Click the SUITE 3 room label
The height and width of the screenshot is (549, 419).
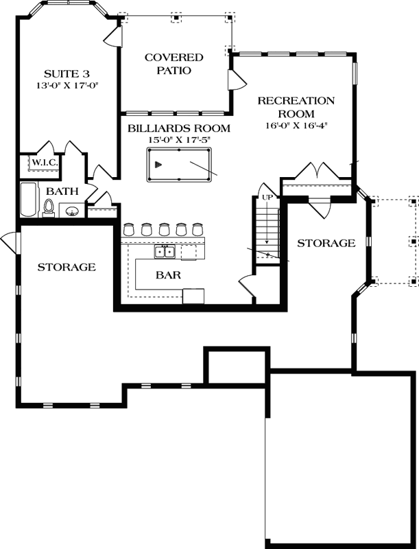click(x=67, y=73)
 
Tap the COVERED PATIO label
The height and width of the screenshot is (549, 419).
click(x=173, y=64)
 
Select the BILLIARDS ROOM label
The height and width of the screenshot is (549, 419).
click(x=178, y=128)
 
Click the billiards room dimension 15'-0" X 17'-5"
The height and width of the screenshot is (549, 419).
click(x=178, y=140)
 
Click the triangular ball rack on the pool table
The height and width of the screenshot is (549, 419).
click(x=159, y=164)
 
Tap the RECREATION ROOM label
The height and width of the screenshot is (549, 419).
click(x=296, y=107)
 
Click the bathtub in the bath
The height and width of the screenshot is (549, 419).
click(x=28, y=199)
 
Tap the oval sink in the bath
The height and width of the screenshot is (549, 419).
click(x=72, y=211)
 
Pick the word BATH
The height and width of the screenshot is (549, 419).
click(x=62, y=191)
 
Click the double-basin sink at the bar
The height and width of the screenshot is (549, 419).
click(x=164, y=252)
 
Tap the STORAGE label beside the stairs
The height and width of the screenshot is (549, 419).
click(x=326, y=243)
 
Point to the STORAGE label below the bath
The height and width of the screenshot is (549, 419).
click(x=66, y=267)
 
